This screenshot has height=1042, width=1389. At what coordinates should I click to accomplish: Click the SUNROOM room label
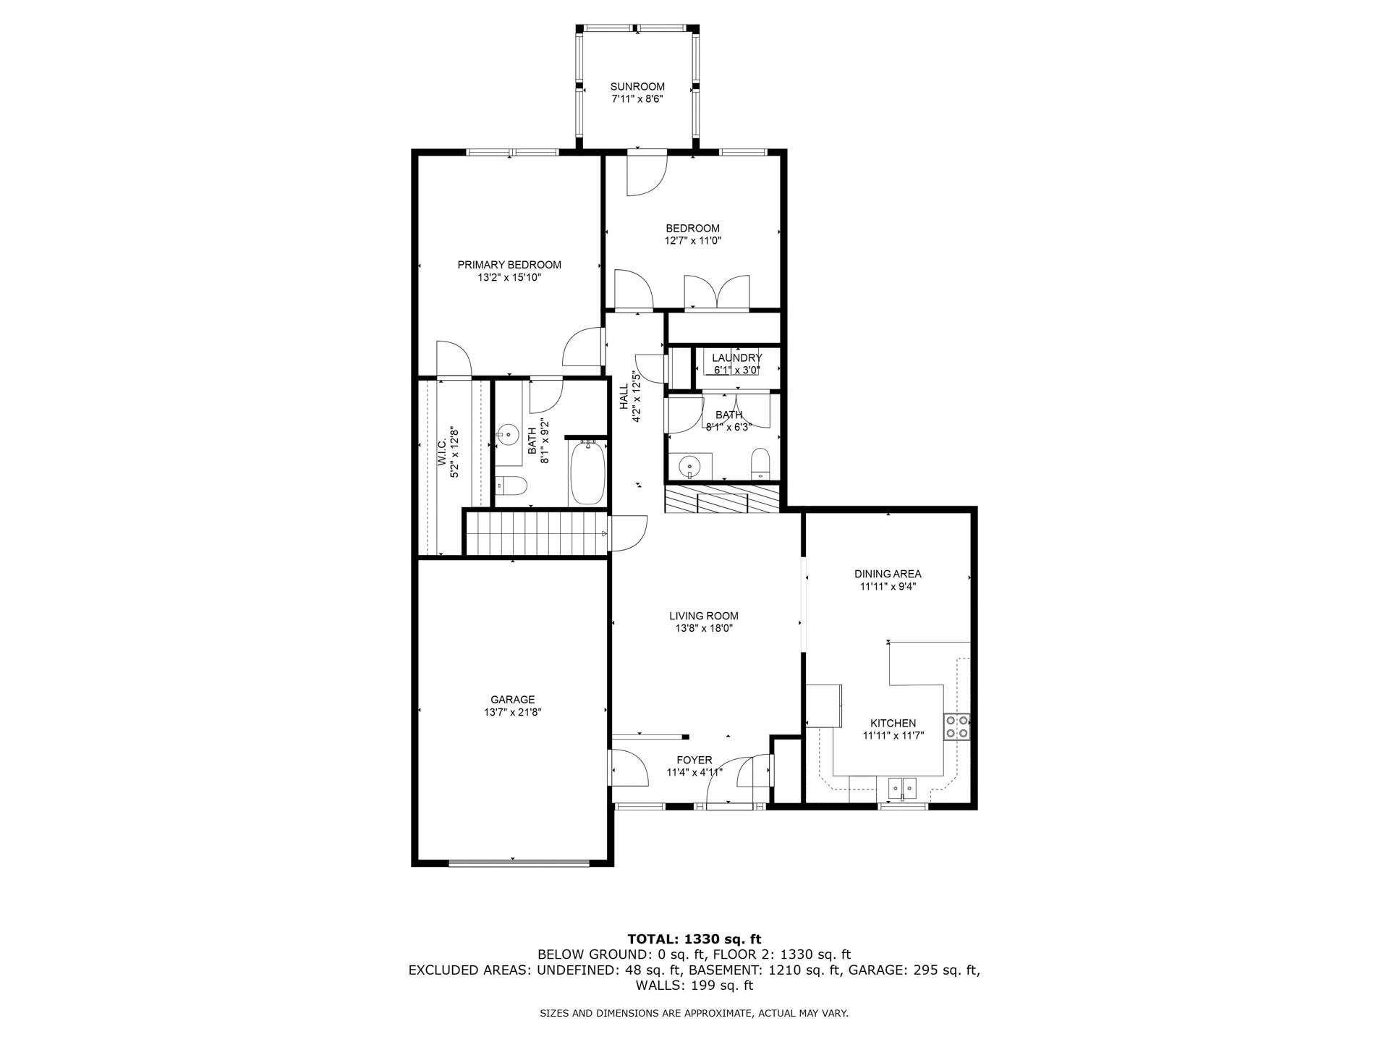click(x=637, y=87)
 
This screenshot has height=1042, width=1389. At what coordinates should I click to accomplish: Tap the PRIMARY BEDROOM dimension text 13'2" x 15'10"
click(x=509, y=278)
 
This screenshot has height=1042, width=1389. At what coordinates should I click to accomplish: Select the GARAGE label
click(x=512, y=700)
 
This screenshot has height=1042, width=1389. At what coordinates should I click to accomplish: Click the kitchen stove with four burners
click(x=956, y=727)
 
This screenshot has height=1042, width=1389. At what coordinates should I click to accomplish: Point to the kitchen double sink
click(x=902, y=787)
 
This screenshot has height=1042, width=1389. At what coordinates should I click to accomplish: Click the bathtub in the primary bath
click(x=587, y=475)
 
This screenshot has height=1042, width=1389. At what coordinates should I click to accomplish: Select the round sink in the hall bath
click(x=688, y=465)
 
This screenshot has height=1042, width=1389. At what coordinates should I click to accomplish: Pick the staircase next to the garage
click(x=535, y=533)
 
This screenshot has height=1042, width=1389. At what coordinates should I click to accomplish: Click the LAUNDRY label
click(x=736, y=358)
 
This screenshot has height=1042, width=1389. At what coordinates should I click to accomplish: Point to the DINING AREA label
click(x=888, y=574)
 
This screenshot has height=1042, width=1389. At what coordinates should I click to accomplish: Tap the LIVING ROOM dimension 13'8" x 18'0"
click(x=704, y=629)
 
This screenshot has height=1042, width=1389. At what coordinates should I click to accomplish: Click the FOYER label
click(x=694, y=760)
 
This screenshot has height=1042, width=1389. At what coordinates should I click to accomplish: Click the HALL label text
click(x=624, y=397)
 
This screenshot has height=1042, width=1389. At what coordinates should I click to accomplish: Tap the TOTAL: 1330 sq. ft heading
click(x=694, y=939)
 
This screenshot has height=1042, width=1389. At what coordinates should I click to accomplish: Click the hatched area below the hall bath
click(x=722, y=499)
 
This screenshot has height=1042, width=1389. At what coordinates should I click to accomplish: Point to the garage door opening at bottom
click(x=519, y=862)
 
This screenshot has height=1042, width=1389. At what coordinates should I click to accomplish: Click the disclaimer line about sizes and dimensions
click(x=694, y=1014)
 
